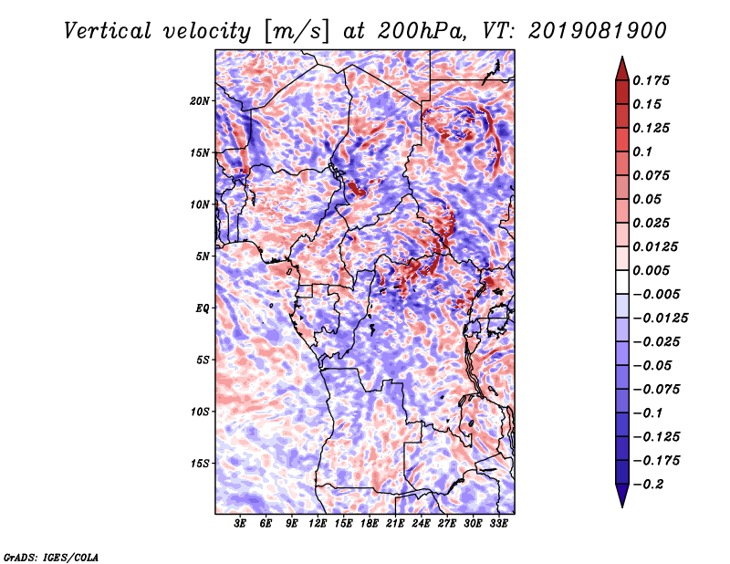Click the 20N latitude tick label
tap(200, 101)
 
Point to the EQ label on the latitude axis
tap(202, 308)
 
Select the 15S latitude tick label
tap(200, 464)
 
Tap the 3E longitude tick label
tap(240, 523)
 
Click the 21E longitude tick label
tap(395, 523)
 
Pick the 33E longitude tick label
tap(498, 523)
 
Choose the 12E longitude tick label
tap(318, 523)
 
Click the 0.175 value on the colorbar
tap(651, 80)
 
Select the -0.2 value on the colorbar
tap(648, 485)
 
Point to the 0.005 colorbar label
tap(651, 270)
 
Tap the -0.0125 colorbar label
tap(660, 319)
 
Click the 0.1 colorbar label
tap(642, 151)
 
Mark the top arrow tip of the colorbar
tap(622, 57)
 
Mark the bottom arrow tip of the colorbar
tap(622, 507)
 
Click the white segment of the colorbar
tap(622, 282)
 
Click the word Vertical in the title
tap(108, 31)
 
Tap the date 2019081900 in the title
tap(598, 31)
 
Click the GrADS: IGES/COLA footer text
tap(51, 557)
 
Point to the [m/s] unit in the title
tap(297, 31)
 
